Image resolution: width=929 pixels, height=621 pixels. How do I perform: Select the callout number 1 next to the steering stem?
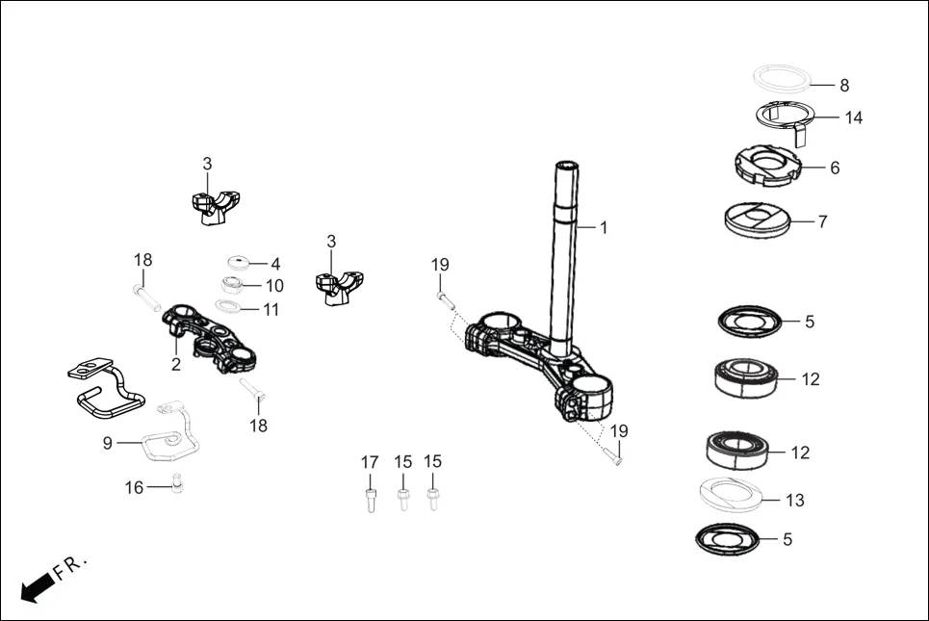(x=604, y=228)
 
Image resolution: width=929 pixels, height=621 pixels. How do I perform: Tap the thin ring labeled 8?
(x=781, y=77)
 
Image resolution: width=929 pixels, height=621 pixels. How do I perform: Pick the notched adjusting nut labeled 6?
(x=767, y=164)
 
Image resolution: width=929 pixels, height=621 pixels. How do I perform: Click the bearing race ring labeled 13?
(x=732, y=495)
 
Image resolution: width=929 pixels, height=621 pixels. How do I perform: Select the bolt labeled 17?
(x=370, y=500)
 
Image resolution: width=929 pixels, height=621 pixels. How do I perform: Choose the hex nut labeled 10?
(x=231, y=285)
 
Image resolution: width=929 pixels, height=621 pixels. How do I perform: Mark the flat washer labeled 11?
(x=228, y=307)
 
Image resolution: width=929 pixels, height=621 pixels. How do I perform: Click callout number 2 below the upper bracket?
(x=176, y=364)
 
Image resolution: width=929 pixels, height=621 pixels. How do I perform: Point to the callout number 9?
(x=108, y=442)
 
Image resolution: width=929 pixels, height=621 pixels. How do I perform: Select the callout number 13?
(x=795, y=501)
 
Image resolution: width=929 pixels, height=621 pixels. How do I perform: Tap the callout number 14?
(x=853, y=118)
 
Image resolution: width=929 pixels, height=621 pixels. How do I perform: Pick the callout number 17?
(x=370, y=462)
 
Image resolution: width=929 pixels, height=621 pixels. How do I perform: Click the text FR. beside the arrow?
(x=71, y=566)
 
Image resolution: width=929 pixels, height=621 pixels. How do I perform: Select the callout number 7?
(x=822, y=221)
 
